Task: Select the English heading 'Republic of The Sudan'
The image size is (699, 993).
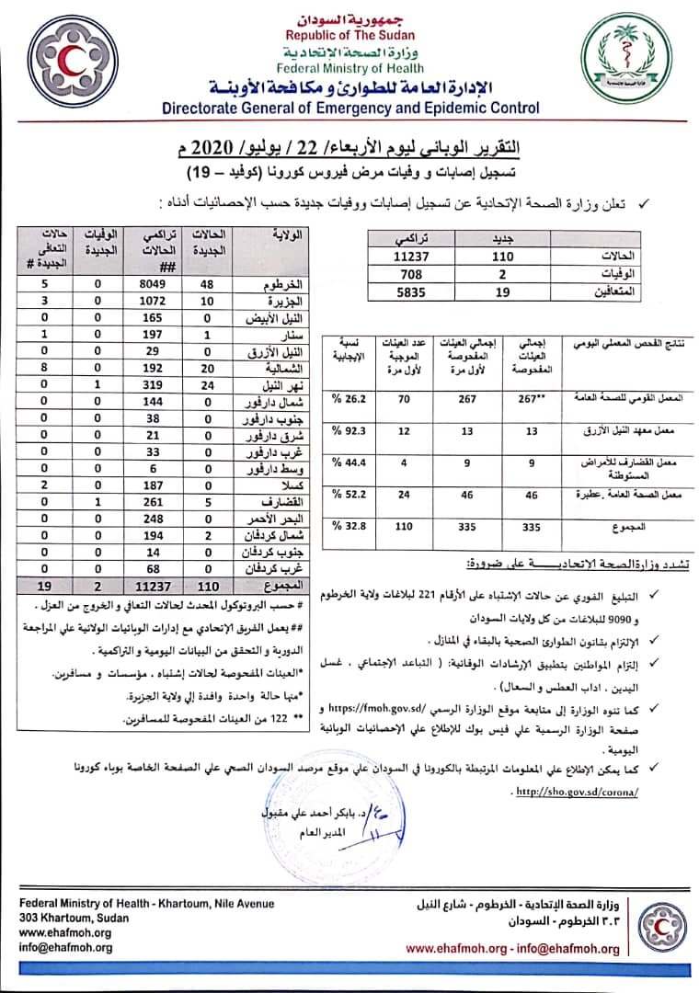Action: pyautogui.click(x=349, y=35)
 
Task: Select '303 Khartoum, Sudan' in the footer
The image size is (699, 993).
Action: pyautogui.click(x=74, y=918)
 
